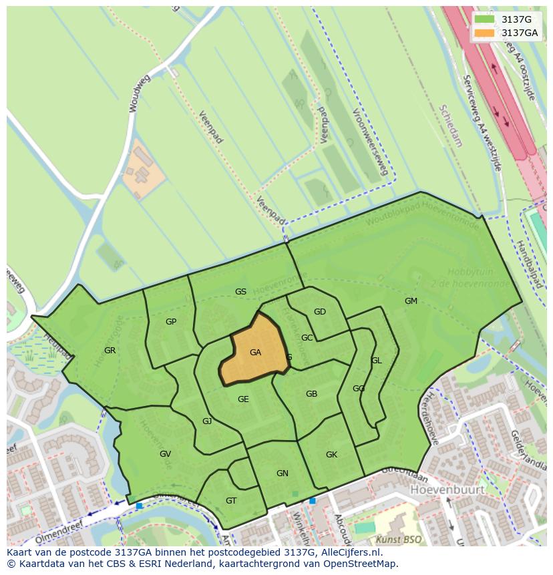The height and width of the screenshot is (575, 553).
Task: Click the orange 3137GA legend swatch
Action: (x=484, y=33)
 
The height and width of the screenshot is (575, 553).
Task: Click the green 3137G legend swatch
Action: (x=484, y=19)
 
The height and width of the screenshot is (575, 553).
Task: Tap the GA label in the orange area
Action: (x=255, y=353)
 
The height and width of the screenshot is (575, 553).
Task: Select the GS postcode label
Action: (x=240, y=292)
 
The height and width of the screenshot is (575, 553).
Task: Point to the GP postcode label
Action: (x=171, y=322)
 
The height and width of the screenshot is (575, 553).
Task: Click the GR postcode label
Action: (x=110, y=351)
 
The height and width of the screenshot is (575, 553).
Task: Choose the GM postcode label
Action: (x=411, y=301)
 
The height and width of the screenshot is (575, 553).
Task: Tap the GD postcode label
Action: (x=320, y=312)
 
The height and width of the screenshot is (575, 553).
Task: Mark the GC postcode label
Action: (x=307, y=338)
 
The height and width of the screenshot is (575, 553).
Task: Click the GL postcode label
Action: (x=377, y=361)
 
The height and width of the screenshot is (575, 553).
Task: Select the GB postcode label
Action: (x=311, y=394)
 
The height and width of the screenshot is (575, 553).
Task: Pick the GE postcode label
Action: (x=243, y=399)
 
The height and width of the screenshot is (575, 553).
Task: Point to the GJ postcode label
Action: (x=207, y=421)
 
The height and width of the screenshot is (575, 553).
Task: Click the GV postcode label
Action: (x=165, y=454)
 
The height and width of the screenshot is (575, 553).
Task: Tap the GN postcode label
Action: (x=283, y=473)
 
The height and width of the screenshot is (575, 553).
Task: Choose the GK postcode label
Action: (x=331, y=455)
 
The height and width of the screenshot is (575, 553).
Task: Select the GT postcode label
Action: (x=231, y=501)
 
